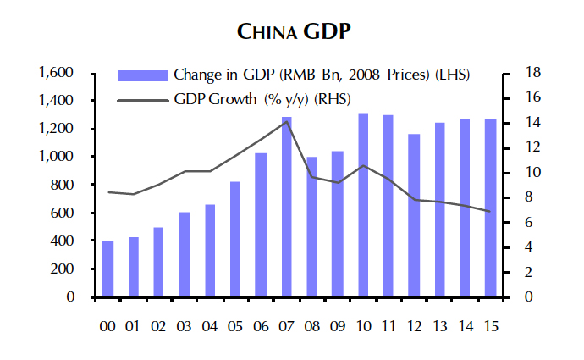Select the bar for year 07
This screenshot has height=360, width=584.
(287, 208)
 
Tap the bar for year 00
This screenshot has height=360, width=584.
(107, 269)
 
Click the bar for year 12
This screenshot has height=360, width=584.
(414, 215)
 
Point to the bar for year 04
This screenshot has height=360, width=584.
(210, 251)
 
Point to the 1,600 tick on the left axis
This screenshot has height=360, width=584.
(57, 73)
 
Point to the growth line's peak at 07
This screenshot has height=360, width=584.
(287, 121)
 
